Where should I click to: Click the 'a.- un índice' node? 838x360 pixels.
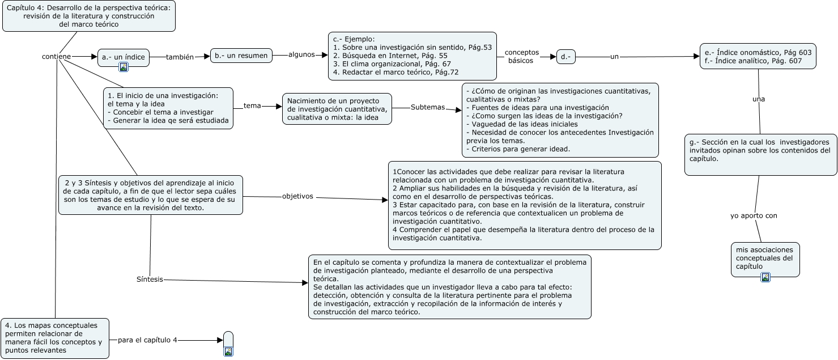[x=124, y=57]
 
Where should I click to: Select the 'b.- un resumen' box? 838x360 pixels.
[x=241, y=56]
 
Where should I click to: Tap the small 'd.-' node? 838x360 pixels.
[x=565, y=57]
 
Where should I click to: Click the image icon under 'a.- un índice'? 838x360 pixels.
[x=124, y=67]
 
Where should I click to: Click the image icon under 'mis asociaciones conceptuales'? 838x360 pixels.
[x=765, y=277]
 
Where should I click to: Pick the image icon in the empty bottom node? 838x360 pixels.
[x=228, y=351]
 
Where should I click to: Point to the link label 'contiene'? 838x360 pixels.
[x=57, y=57]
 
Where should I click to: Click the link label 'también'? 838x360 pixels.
[x=180, y=57]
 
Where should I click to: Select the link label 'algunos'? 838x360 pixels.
[x=301, y=54]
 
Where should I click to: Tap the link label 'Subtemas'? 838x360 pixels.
[x=428, y=107]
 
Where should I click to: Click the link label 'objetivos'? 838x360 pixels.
[x=297, y=197]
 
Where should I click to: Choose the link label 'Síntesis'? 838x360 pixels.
[x=150, y=279]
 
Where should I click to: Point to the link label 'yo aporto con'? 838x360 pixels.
[x=754, y=215]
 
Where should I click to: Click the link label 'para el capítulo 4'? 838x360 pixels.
[x=147, y=340]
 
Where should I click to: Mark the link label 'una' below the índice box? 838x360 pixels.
[x=758, y=99]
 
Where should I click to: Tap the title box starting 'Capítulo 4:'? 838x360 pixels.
[x=89, y=15]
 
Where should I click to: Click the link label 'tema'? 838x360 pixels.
[x=252, y=106]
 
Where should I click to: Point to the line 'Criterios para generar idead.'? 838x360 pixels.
[x=517, y=149]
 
